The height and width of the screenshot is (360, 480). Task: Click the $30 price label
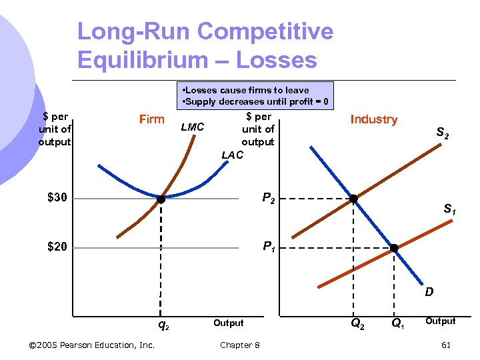tap(57, 198)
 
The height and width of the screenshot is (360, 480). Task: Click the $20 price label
tap(57, 248)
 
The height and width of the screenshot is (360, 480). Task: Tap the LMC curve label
tap(193, 127)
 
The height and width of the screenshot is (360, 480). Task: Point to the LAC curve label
tap(232, 155)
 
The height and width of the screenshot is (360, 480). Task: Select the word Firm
tap(151, 119)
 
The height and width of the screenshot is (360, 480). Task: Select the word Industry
tap(373, 119)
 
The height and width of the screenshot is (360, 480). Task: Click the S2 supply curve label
tap(443, 135)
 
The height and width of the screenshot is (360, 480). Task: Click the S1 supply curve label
tap(450, 210)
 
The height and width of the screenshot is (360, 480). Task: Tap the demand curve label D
tap(429, 291)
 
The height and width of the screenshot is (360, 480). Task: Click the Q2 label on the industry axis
tap(357, 325)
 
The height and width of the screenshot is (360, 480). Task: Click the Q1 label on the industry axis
tap(397, 325)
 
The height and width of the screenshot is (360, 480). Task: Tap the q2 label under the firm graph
tap(162, 325)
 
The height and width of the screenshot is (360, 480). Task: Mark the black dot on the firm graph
tap(161, 199)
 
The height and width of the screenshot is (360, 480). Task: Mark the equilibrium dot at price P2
tap(353, 199)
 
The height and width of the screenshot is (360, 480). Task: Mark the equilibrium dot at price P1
tap(394, 248)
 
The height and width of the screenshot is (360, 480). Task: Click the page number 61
tap(445, 345)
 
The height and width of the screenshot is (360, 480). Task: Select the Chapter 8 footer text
tap(240, 345)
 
